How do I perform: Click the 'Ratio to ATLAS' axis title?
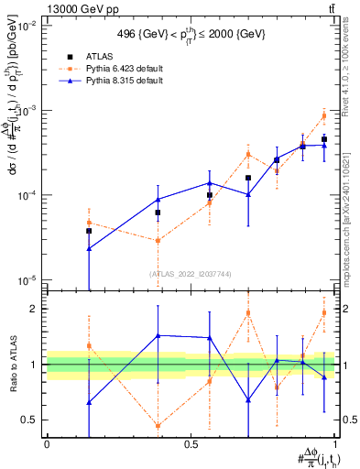click(x=12, y=365)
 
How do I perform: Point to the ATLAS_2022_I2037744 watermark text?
click(x=191, y=274)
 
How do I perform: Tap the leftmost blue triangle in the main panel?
click(x=89, y=248)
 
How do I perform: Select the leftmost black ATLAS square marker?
click(x=89, y=231)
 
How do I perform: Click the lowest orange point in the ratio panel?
click(x=158, y=426)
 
